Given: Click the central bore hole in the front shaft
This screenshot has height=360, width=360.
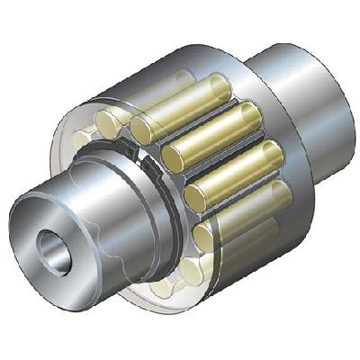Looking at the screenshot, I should (x=44, y=246).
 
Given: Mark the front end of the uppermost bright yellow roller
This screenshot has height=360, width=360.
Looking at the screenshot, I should (x=143, y=129).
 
